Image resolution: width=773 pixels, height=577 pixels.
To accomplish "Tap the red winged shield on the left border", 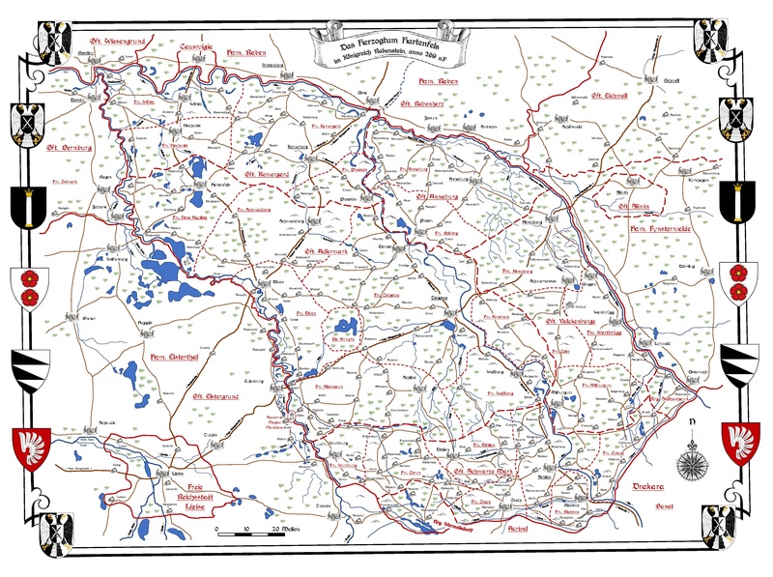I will (29, 446).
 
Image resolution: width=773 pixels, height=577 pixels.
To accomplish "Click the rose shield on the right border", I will (740, 280).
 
